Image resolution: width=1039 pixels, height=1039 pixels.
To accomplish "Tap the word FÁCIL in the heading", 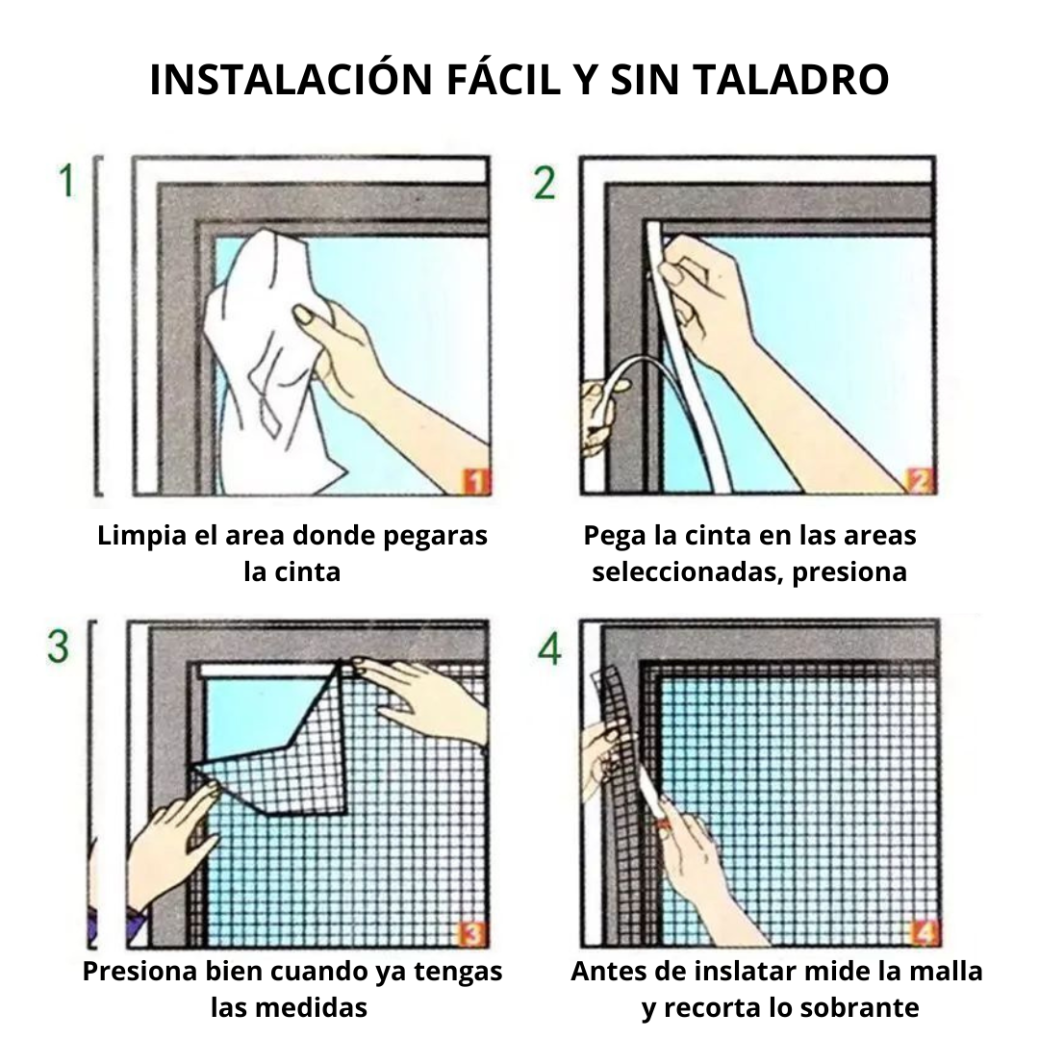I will (502, 80).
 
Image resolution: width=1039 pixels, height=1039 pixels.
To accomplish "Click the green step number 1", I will (66, 182).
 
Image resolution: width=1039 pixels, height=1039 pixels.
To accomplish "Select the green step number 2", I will (545, 183).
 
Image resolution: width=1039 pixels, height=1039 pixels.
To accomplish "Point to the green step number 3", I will (59, 646).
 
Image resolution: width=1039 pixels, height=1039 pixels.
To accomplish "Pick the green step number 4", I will (548, 649).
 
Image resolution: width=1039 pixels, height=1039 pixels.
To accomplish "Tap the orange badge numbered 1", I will (475, 480).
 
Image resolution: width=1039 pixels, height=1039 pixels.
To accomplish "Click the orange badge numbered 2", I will (920, 480).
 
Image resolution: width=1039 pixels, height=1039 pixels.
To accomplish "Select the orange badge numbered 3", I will (472, 933).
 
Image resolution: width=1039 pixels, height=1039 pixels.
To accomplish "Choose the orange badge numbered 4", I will (924, 933).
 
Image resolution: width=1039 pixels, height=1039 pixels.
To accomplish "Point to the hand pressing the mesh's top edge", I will (423, 697).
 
